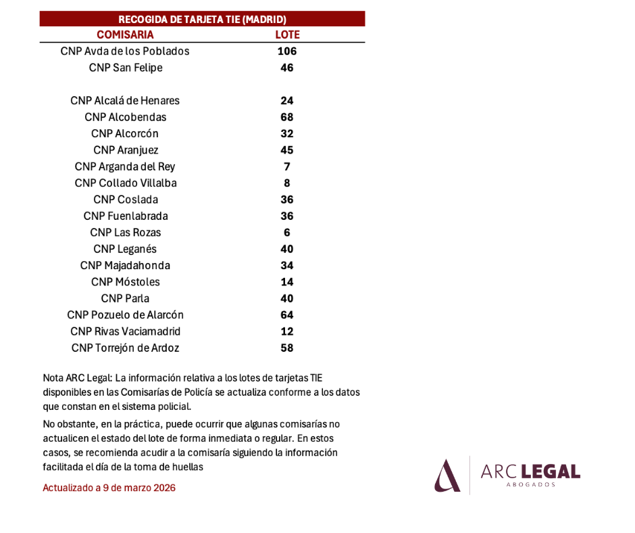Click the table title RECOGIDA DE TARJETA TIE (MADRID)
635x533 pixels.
202,20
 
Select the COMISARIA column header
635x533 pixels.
125,35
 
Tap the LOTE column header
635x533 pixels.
288,35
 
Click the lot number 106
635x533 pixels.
287,51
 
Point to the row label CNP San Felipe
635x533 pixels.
126,68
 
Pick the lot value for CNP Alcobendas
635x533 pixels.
287,117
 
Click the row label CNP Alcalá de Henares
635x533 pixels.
125,101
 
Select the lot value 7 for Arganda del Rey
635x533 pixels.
287,166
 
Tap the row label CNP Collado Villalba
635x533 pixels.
126,183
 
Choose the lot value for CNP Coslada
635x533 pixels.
287,200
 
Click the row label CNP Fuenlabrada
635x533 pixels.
126,216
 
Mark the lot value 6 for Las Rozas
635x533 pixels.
287,233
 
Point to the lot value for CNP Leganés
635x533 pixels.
287,249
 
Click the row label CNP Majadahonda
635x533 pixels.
125,266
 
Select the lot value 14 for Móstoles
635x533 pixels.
287,282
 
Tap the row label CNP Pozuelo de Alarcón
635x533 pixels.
125,315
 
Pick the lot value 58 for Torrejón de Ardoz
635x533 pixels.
287,348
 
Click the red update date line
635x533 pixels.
109,488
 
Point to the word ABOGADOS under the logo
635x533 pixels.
530,484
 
